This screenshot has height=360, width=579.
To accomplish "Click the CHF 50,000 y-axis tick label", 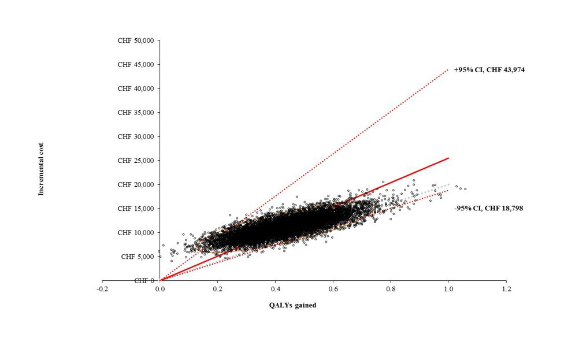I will click(x=136, y=40).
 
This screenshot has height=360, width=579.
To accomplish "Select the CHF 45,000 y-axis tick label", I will click(x=136, y=65).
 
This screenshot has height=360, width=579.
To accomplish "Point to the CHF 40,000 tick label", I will click(x=136, y=88).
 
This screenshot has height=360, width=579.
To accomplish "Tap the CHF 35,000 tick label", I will click(x=136, y=113).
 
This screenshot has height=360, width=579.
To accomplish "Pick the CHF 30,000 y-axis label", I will click(x=136, y=136).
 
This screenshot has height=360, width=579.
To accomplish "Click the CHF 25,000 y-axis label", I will click(x=136, y=161).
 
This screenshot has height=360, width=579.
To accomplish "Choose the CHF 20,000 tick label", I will click(x=136, y=184).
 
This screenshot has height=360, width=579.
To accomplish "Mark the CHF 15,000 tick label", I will click(x=136, y=209).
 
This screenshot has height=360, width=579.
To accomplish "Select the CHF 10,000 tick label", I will click(x=136, y=232).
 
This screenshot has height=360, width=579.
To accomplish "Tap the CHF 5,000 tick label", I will click(x=138, y=257).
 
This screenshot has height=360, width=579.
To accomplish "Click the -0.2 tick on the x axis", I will click(x=102, y=288).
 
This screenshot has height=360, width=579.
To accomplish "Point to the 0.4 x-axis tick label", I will click(x=276, y=288).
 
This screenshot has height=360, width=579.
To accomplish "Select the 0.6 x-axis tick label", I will click(x=333, y=288).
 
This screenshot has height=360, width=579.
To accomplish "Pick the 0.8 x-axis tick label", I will click(x=391, y=288).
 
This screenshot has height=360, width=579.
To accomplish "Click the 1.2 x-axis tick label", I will click(x=507, y=288).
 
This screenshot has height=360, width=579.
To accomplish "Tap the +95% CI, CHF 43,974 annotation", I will click(x=489, y=70).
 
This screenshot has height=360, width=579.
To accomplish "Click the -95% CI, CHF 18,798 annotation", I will click(x=488, y=208).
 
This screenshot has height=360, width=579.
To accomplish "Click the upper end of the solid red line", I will click(x=448, y=158).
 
